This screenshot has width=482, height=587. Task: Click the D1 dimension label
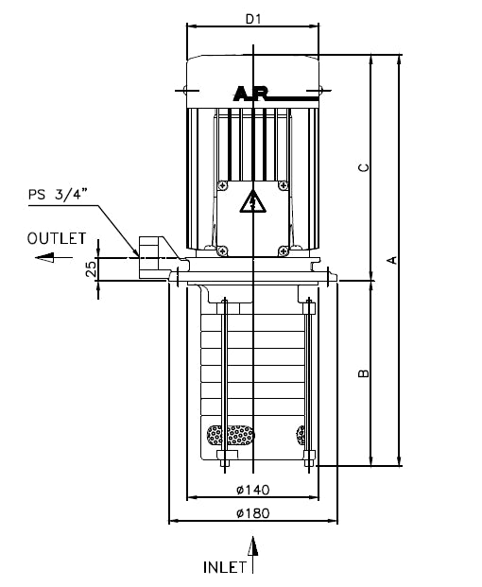coord(253,19)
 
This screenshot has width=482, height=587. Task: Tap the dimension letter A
coord(392,260)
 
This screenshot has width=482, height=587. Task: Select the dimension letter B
coord(364,373)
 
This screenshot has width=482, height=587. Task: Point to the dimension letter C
coord(364,167)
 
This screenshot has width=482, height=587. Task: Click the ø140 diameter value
coord(253,490)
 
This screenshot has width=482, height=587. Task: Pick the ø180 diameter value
coord(253,513)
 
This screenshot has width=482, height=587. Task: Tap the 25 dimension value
coord(91,268)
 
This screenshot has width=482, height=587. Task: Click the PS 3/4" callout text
coord(58,195)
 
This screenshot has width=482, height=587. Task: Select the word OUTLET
coord(57,238)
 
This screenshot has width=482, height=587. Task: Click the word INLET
coord(225,567)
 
